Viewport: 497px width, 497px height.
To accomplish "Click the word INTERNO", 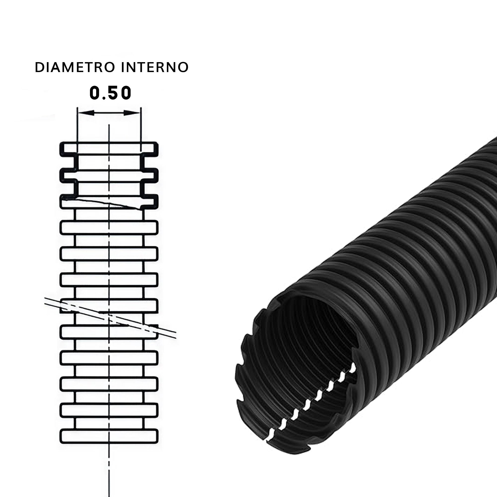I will click(155, 67).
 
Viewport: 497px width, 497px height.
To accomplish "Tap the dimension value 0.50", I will click(110, 93).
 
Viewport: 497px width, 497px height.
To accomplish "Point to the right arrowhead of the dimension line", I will click(132, 113).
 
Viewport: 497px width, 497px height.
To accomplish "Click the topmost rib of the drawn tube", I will click(109, 148).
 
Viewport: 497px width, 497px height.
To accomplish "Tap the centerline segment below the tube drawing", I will click(109, 471).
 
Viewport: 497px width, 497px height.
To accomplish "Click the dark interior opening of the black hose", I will click(309, 334).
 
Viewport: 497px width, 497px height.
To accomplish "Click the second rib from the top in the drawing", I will click(109, 175).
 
